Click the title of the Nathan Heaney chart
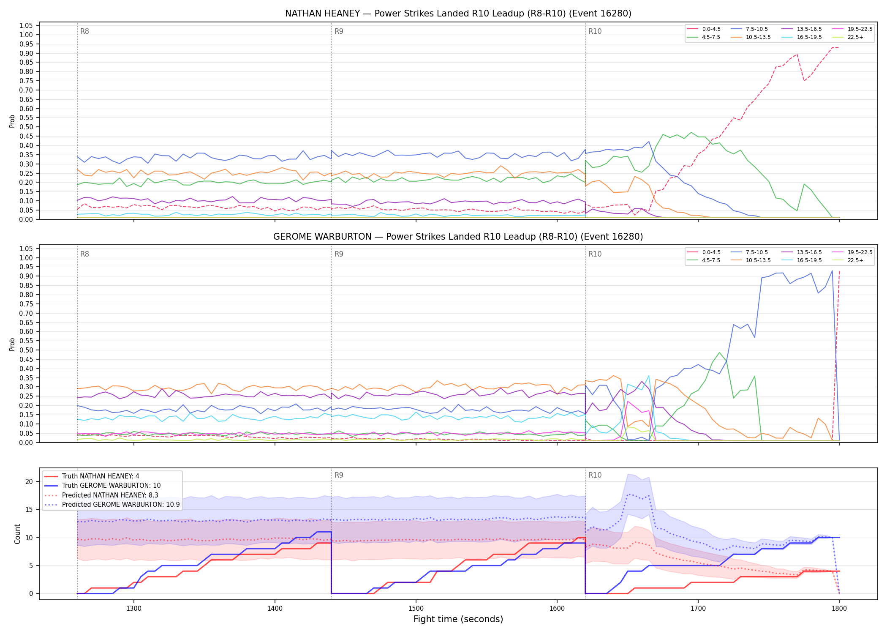click(458, 14)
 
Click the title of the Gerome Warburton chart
click(458, 237)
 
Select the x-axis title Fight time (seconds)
click(458, 619)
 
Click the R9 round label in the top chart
click(339, 31)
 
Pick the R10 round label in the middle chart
click(595, 254)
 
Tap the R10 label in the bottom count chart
click(595, 475)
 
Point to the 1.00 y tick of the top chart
click(26, 35)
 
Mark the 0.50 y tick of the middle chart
click(26, 350)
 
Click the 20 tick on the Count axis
click(29, 481)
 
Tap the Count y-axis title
click(17, 534)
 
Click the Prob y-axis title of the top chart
click(12, 121)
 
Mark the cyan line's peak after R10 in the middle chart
click(649, 376)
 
